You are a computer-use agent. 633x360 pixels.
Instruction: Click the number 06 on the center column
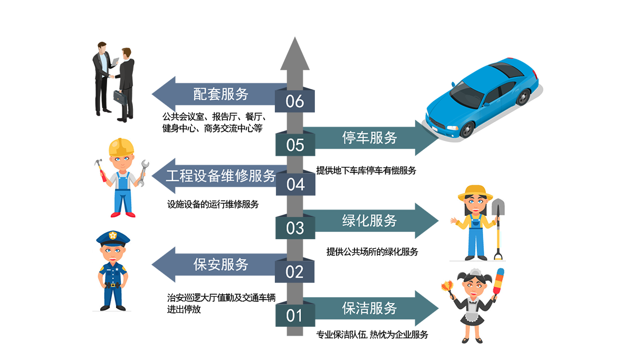click(295, 101)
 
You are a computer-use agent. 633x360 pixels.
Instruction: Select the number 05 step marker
click(295, 144)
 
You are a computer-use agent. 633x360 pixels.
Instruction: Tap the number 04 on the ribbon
click(295, 185)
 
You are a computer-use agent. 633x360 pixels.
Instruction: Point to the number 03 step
click(295, 228)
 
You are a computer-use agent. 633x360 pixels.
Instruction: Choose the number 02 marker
click(295, 272)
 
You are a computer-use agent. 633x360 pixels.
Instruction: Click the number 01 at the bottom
click(295, 316)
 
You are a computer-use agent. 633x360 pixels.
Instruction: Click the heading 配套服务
click(221, 94)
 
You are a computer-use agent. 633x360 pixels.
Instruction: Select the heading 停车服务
click(369, 138)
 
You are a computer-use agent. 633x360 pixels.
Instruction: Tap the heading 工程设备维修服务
click(221, 176)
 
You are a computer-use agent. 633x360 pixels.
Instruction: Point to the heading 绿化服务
click(369, 221)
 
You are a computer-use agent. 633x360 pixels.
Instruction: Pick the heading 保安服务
click(221, 264)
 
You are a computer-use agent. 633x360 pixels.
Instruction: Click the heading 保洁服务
click(369, 308)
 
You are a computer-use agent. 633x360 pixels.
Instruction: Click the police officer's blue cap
click(113, 238)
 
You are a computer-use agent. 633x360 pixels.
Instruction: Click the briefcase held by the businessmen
click(118, 98)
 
